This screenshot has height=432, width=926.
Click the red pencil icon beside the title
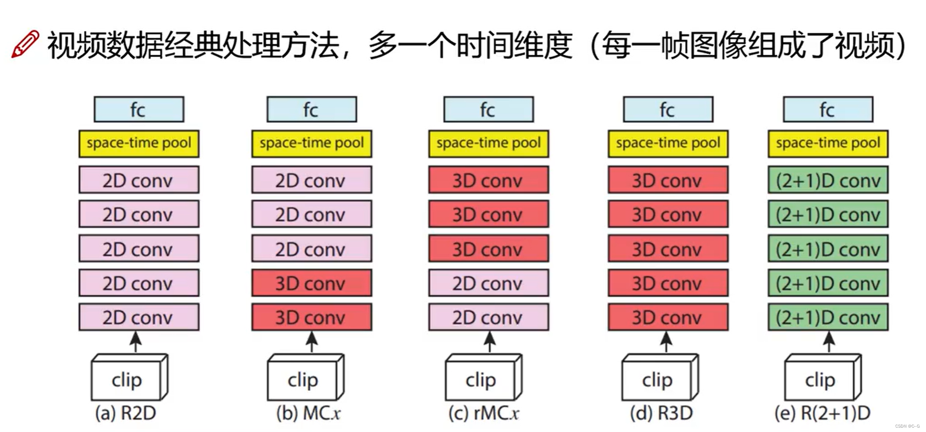click(x=25, y=44)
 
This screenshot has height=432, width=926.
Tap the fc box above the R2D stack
click(x=138, y=110)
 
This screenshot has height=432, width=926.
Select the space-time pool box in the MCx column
click(x=311, y=143)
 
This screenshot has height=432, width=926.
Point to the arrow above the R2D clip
click(x=136, y=342)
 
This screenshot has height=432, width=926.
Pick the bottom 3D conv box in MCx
click(x=311, y=317)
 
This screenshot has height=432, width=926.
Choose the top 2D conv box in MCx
click(x=311, y=180)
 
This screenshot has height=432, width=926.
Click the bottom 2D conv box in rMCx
click(x=488, y=317)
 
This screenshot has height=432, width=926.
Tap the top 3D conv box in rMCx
click(x=488, y=180)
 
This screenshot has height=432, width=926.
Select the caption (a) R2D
click(x=126, y=413)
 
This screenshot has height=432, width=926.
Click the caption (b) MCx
click(x=308, y=413)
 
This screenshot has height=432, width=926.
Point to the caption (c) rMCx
click(x=484, y=413)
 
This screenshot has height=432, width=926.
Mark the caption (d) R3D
click(x=661, y=413)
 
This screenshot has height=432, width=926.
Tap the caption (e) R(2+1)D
click(x=822, y=413)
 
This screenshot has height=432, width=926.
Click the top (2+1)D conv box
click(x=828, y=180)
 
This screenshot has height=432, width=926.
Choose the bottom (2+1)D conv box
click(x=828, y=317)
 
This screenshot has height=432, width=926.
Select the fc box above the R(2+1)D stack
click(x=828, y=110)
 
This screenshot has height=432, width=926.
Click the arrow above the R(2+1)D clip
click(x=829, y=342)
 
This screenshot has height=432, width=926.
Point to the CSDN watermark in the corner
click(x=907, y=426)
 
